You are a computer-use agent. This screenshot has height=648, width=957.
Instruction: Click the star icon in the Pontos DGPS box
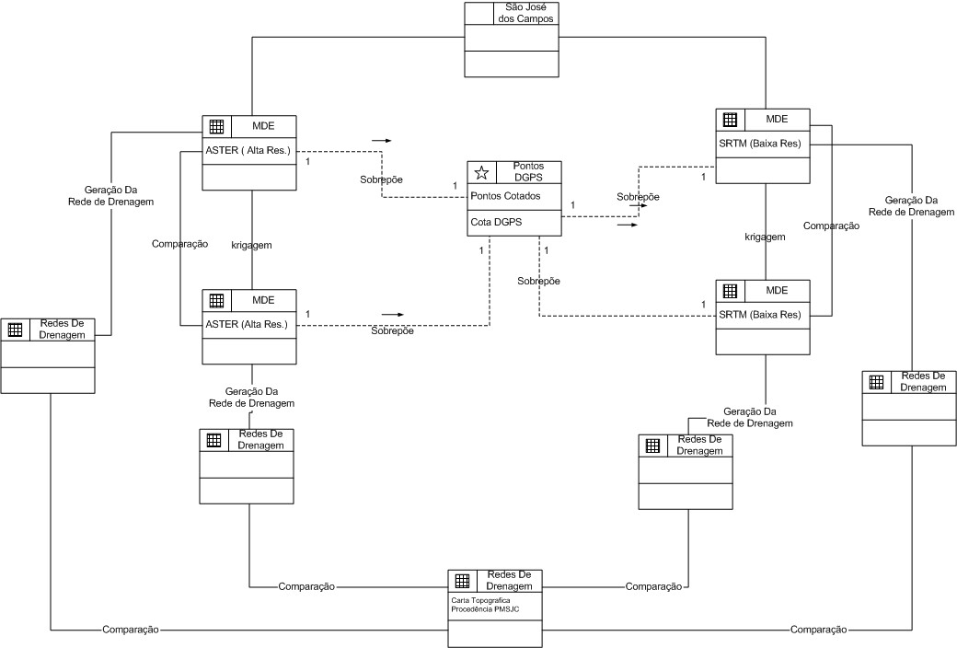click(479, 172)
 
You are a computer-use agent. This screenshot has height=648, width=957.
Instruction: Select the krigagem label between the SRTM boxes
click(765, 237)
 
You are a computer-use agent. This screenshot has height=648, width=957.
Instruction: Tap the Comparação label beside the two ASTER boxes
click(179, 244)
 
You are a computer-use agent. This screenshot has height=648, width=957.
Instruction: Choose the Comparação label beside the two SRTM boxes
click(831, 226)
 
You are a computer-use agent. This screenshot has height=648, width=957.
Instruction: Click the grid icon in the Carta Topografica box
click(462, 581)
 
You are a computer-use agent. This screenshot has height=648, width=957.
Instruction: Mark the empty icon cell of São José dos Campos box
click(478, 13)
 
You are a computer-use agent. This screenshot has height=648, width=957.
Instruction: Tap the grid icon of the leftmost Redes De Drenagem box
click(15, 330)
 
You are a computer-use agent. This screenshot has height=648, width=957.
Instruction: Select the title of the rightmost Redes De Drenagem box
click(923, 382)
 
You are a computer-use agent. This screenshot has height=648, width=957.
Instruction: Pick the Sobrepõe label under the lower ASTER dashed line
click(392, 330)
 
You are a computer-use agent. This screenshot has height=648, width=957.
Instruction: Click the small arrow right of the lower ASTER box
click(393, 314)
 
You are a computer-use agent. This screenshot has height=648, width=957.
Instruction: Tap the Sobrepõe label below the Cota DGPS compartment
click(538, 280)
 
